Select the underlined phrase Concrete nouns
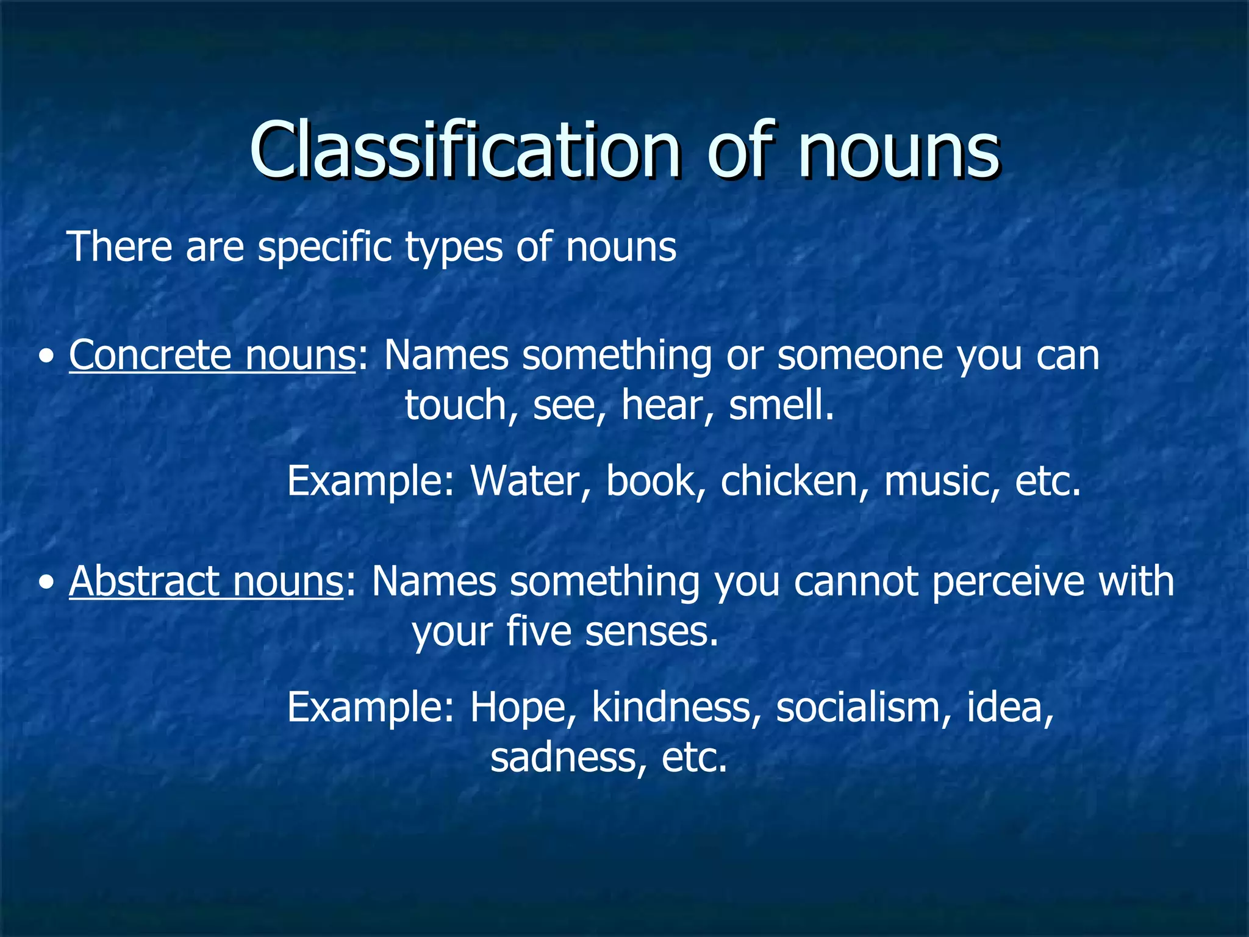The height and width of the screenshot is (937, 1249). click(x=212, y=355)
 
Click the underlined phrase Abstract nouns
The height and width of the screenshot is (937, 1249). click(x=206, y=581)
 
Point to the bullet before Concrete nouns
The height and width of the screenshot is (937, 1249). click(x=46, y=357)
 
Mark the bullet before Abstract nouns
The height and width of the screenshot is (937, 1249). click(x=46, y=583)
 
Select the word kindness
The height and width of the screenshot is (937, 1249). click(x=676, y=708)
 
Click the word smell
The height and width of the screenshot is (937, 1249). click(x=781, y=406)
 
